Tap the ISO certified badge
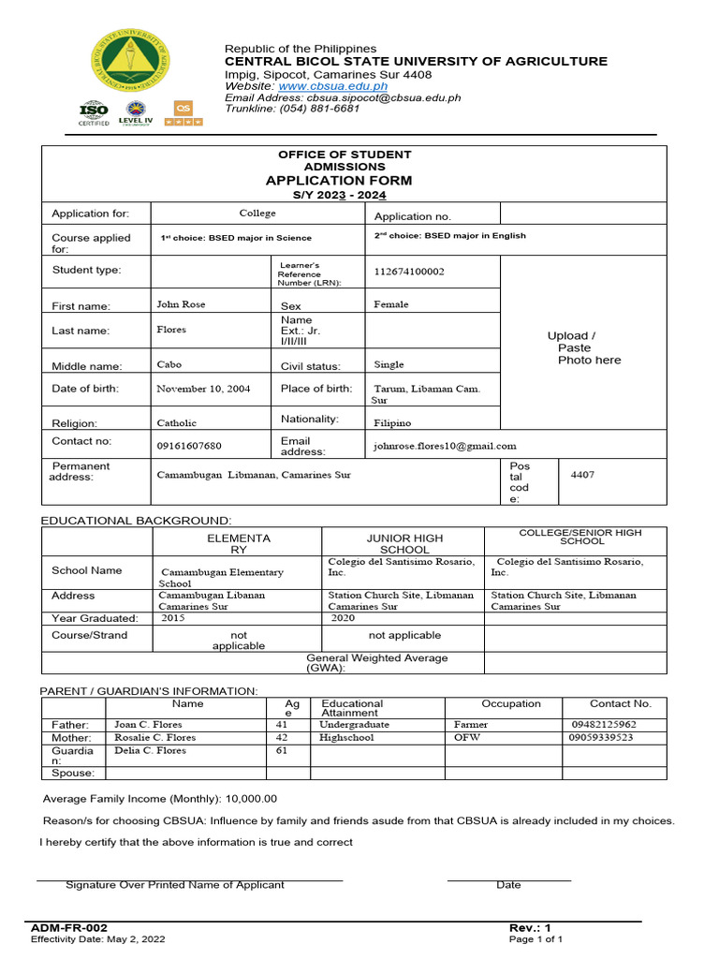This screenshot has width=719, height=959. [x=94, y=113]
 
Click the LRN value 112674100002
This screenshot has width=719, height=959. [x=409, y=272]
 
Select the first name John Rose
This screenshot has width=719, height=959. [x=181, y=304]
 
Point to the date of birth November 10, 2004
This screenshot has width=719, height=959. [x=203, y=389]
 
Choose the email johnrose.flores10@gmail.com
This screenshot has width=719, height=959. [x=445, y=447]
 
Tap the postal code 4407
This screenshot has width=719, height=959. [x=582, y=475]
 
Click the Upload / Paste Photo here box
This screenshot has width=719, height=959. [x=584, y=347]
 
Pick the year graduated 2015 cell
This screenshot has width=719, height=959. [x=174, y=618]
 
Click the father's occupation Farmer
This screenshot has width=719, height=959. [x=471, y=725]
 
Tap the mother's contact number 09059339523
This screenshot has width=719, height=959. [x=601, y=738]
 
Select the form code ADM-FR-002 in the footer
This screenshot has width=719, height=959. [x=63, y=927]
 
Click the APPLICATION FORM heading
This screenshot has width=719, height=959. [x=338, y=181]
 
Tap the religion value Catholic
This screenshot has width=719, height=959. [x=177, y=423]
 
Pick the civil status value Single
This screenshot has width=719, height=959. [x=389, y=365]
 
